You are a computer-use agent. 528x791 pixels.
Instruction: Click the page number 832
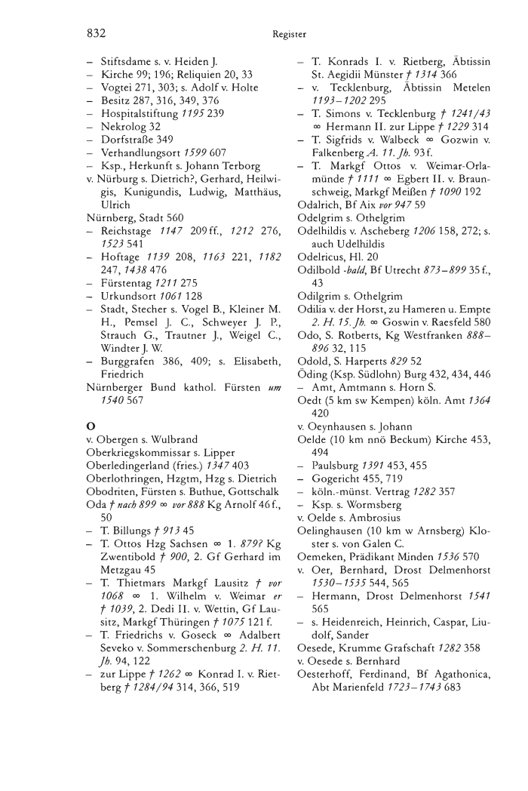pyautogui.click(x=94, y=34)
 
